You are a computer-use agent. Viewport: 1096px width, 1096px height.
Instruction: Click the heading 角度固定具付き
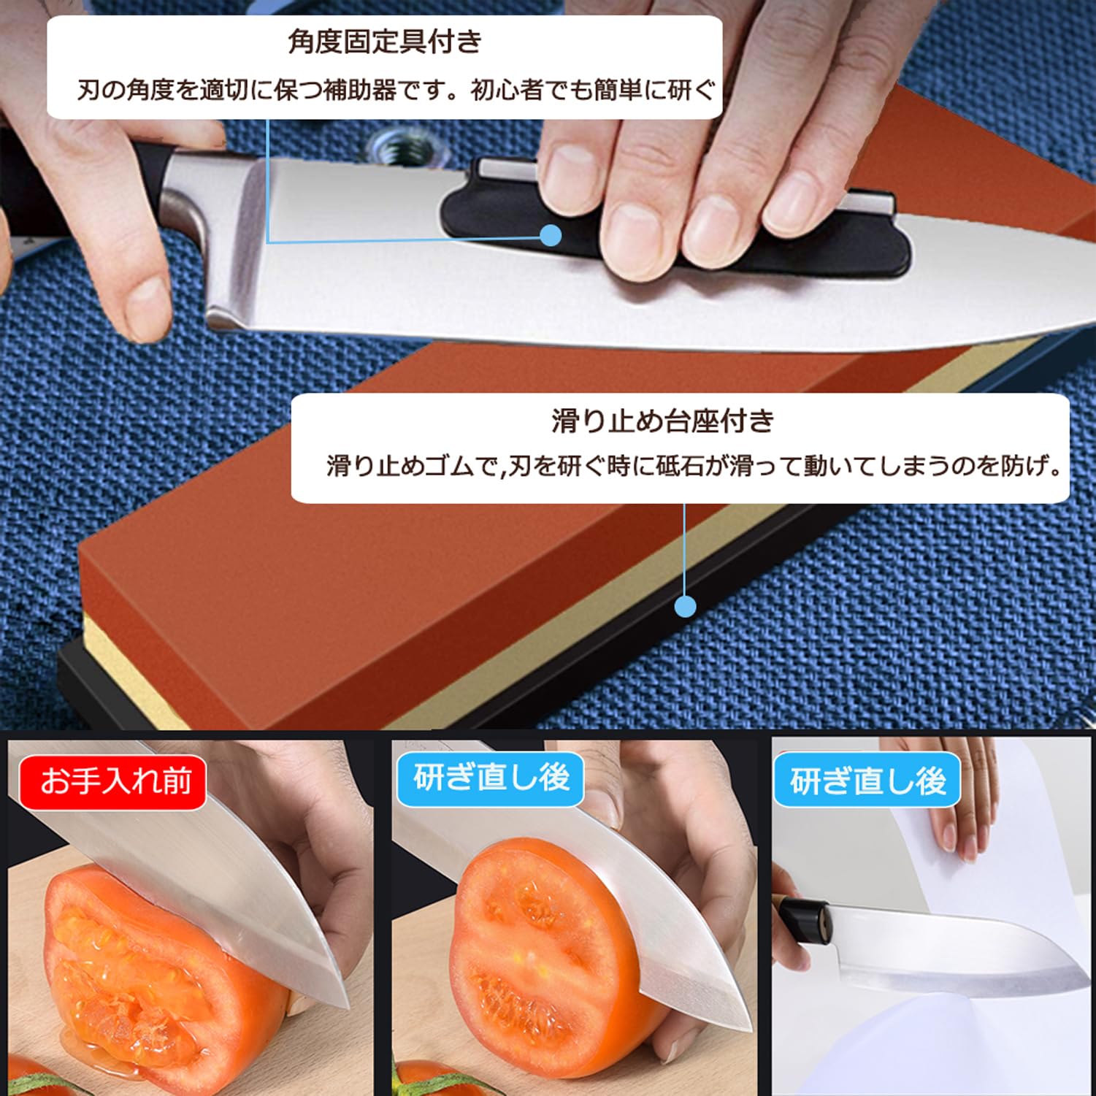pos(385,42)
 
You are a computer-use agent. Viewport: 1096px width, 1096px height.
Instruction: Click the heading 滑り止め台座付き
pos(662,421)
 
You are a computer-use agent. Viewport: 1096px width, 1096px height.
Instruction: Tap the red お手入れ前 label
pos(115,781)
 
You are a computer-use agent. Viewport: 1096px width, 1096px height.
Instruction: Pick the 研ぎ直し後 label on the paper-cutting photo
pos(867,781)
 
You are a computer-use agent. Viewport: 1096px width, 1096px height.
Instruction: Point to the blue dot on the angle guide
pos(551,235)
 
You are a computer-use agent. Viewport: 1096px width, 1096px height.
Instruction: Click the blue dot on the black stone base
pos(685,607)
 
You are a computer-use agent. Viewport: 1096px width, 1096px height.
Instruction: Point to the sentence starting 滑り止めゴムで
pos(694,466)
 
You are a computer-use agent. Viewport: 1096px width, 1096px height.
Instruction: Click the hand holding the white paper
pos(964,825)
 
